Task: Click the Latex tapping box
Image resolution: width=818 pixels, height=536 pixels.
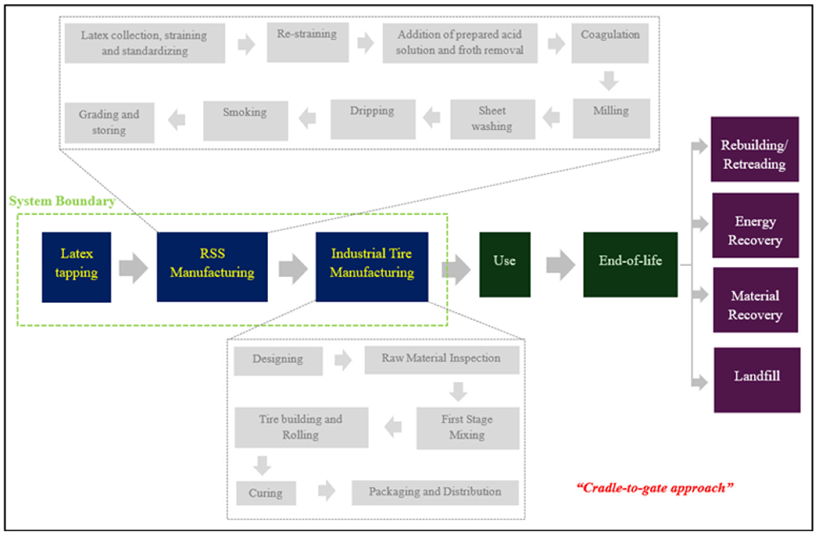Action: pos(76,267)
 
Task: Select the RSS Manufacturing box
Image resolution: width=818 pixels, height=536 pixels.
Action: pos(212,267)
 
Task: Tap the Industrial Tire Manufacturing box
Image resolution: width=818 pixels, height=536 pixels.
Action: pos(372,267)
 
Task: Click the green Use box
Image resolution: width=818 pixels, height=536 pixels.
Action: pos(504,264)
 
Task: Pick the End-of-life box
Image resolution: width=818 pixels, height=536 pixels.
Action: pos(630,264)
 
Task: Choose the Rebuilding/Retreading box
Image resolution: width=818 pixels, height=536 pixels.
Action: pos(755,149)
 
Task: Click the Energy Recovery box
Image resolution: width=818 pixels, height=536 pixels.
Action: pos(755,225)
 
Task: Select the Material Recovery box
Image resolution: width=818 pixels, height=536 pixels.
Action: pos(755,300)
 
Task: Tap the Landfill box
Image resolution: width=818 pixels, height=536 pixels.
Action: pos(756,380)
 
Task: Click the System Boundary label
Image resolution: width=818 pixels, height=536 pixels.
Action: pos(62,201)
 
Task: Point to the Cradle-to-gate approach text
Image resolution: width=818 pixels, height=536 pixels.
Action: pos(655,488)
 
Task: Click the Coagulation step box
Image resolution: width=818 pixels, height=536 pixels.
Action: pos(610,43)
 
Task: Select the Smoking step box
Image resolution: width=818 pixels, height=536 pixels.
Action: pos(245,121)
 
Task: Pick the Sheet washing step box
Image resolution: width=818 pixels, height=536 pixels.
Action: pos(492,119)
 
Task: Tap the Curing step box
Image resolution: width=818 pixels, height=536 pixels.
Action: pos(266,493)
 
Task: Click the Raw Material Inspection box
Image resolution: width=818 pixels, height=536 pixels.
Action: pos(441,359)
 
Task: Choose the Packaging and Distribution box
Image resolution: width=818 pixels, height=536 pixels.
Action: pos(435,492)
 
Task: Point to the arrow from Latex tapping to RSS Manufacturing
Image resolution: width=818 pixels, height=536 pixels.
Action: pos(133,268)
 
